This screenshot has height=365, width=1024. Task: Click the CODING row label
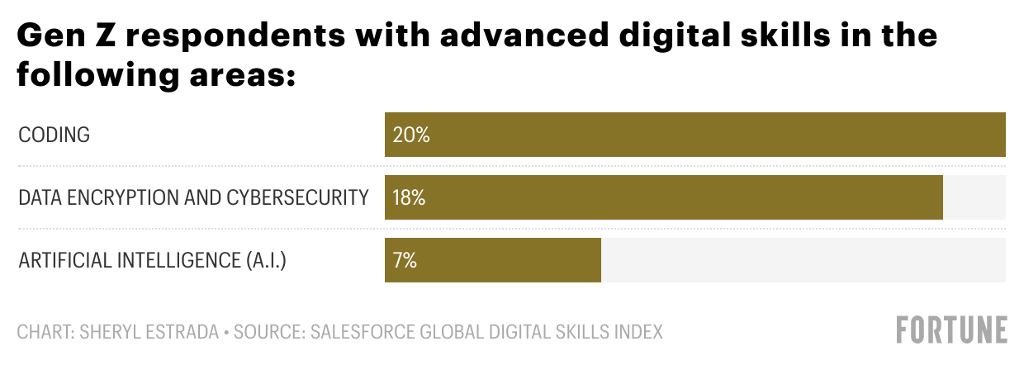click(x=54, y=135)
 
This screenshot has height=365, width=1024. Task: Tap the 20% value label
click(x=411, y=135)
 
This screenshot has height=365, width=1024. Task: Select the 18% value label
click(x=410, y=198)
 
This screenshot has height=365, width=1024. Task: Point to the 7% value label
click(x=405, y=261)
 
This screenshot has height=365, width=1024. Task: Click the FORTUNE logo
click(x=952, y=329)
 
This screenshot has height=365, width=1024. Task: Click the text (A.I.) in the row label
click(x=265, y=261)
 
